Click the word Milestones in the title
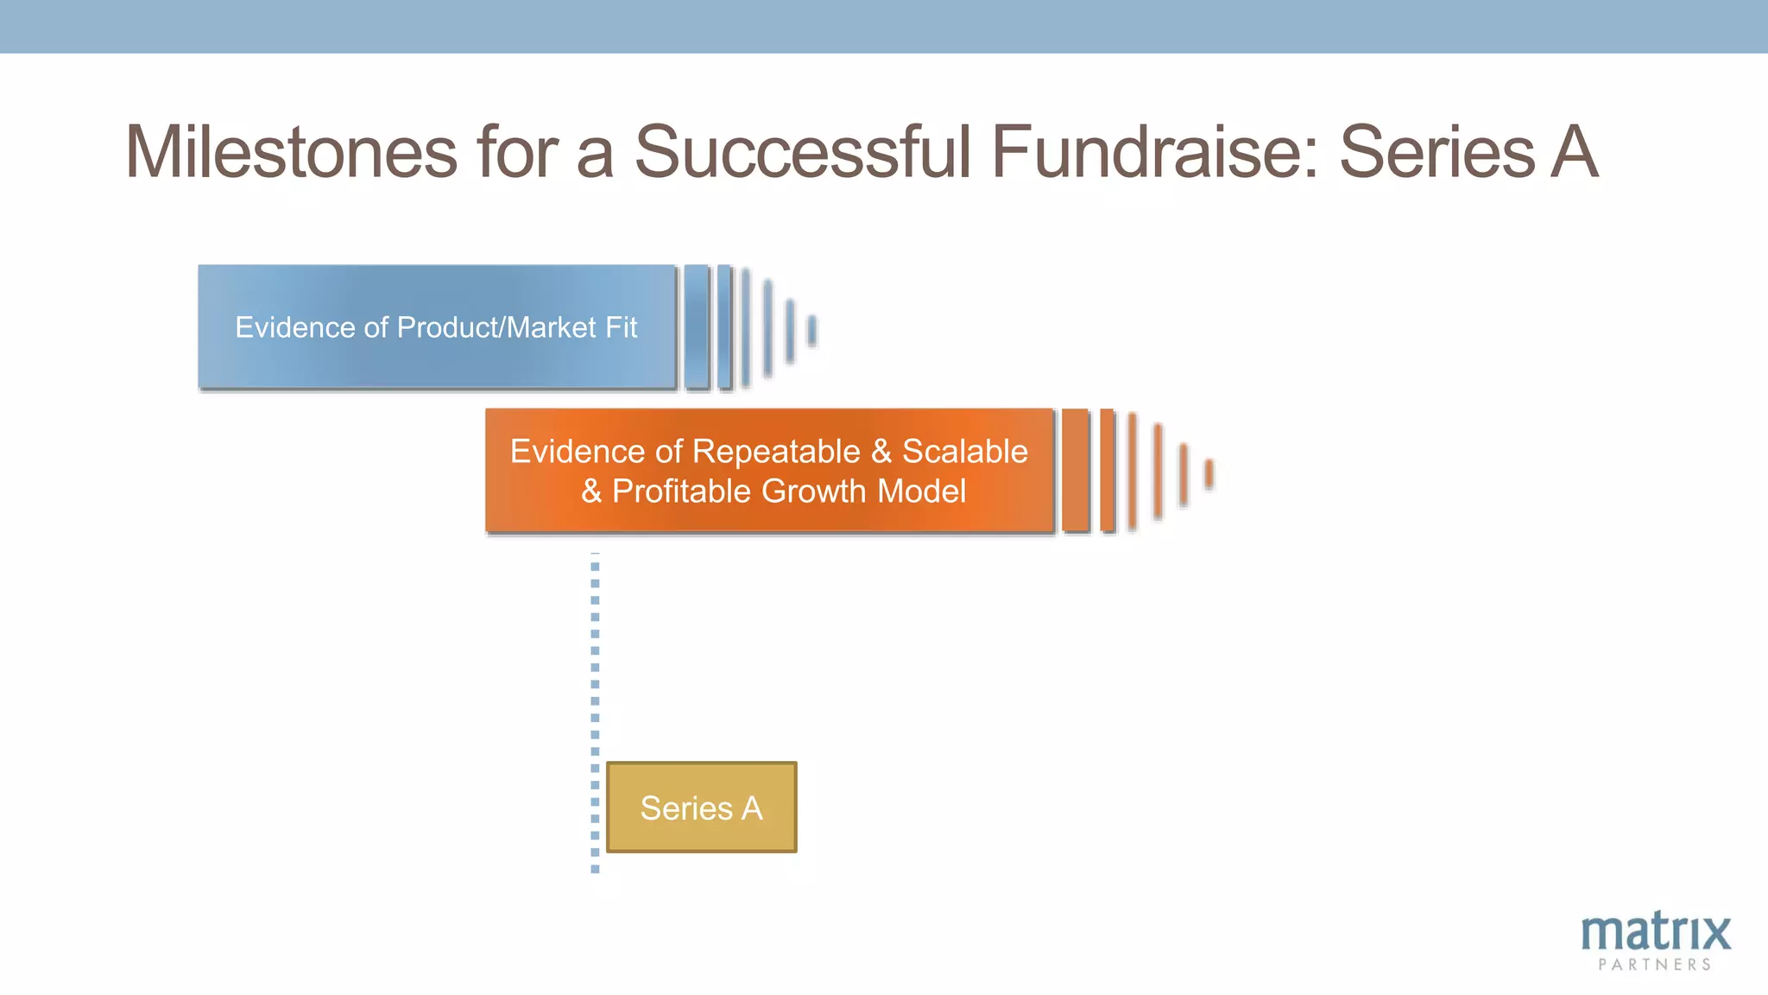291,152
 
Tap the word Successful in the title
803,152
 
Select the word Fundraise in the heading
1154,152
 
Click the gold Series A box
701,808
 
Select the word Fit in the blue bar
621,327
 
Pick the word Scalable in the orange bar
964,452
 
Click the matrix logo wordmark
1655,933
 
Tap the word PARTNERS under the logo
1654,965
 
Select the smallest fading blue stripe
811,331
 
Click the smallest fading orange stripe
1209,473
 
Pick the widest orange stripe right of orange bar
1075,470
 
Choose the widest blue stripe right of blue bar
696,326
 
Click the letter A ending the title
1574,152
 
